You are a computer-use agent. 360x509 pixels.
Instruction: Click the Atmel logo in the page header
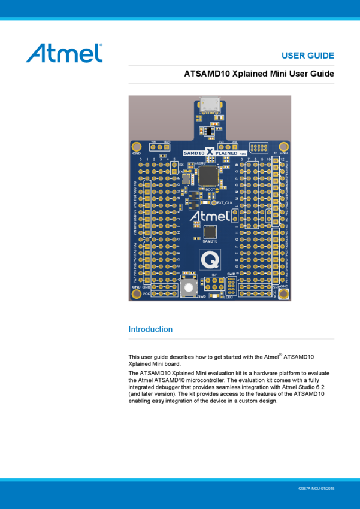point(64,53)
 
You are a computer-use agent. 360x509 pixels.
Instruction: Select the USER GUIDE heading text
point(307,56)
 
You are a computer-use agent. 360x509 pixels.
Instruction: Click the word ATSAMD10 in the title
point(207,74)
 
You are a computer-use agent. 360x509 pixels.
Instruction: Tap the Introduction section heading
point(150,329)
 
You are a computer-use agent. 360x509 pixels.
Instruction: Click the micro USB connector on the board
point(210,105)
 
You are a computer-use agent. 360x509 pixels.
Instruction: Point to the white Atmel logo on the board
point(209,216)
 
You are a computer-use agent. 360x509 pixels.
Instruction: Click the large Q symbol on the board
point(210,259)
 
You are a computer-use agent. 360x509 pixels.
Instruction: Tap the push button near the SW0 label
point(189,288)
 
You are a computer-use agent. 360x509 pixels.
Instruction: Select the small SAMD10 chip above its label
point(210,232)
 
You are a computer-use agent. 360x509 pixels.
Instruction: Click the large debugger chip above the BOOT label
point(208,175)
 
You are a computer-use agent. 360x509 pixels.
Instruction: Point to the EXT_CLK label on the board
point(224,203)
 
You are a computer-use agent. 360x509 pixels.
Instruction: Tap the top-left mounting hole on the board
point(137,146)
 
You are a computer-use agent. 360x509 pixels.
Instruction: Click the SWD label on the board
point(232,274)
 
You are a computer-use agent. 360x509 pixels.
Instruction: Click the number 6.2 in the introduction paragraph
point(326,387)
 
